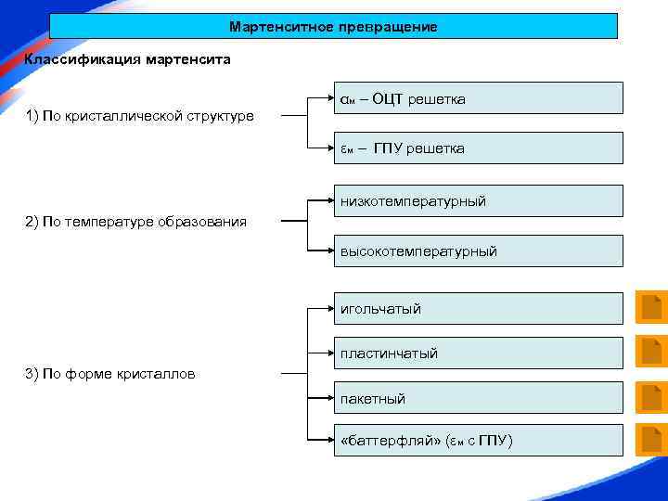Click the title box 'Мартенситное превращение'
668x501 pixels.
[x=333, y=26]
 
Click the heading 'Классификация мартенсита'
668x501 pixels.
[x=128, y=59]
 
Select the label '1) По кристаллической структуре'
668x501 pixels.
[x=140, y=117]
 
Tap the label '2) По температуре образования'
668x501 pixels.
[x=136, y=222]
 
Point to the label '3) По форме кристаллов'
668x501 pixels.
[x=110, y=374]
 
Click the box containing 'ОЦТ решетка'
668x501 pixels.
[x=478, y=98]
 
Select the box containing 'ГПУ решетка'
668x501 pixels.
[x=478, y=148]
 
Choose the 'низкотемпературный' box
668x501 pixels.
[x=478, y=201]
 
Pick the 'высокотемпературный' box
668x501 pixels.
[x=478, y=251]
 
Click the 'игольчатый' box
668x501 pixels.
[x=478, y=309]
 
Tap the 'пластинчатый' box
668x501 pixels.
[x=478, y=353]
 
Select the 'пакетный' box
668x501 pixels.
[x=478, y=399]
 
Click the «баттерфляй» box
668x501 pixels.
[x=478, y=441]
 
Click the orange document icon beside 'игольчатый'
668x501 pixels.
[x=651, y=308]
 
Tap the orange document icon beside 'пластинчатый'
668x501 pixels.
[x=651, y=353]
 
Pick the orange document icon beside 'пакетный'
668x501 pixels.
[x=651, y=397]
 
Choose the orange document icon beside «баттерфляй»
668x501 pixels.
[x=651, y=440]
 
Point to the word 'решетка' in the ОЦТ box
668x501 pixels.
[x=435, y=99]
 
